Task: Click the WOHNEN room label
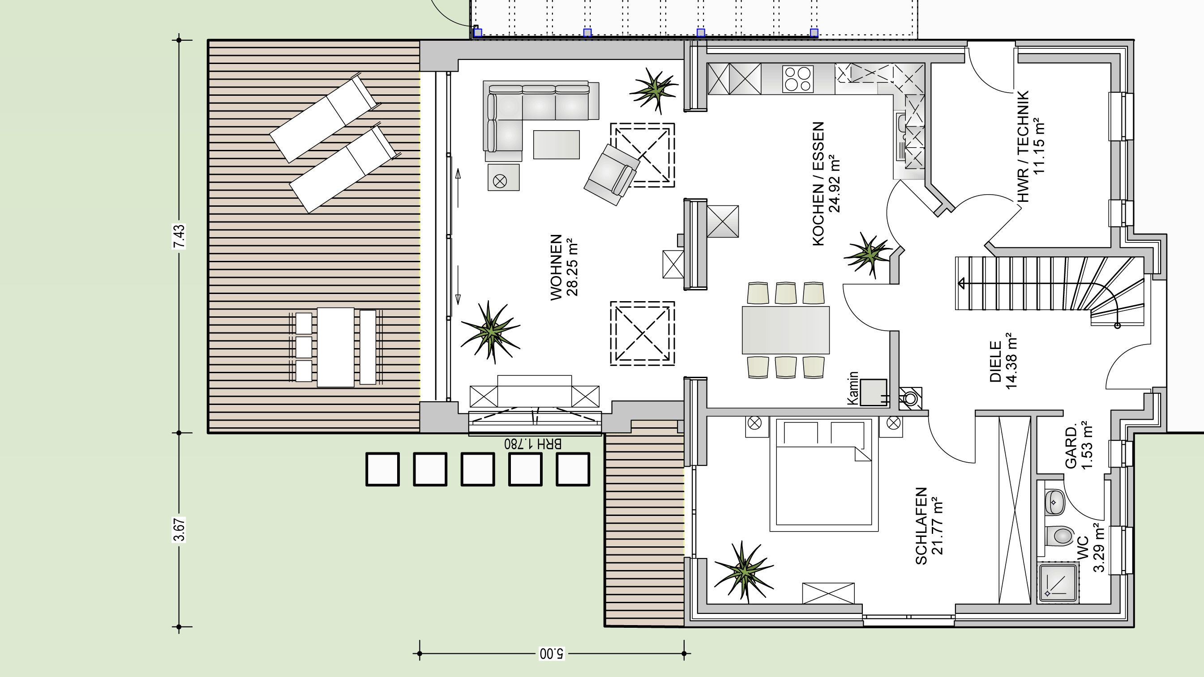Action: click(556, 267)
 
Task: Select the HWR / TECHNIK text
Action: click(1023, 146)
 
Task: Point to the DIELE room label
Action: click(995, 362)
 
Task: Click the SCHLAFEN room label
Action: click(921, 526)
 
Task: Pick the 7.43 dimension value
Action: click(179, 236)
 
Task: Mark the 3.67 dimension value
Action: click(179, 529)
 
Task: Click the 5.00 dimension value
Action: click(552, 653)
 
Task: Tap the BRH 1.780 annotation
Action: click(533, 443)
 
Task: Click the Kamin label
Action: click(853, 388)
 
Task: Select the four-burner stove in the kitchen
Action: click(797, 79)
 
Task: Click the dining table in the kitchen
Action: click(786, 330)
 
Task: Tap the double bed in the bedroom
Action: click(824, 475)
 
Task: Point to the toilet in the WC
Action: click(1059, 536)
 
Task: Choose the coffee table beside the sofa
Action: click(556, 145)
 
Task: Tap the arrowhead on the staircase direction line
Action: click(961, 283)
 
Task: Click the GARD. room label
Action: click(1071, 447)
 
